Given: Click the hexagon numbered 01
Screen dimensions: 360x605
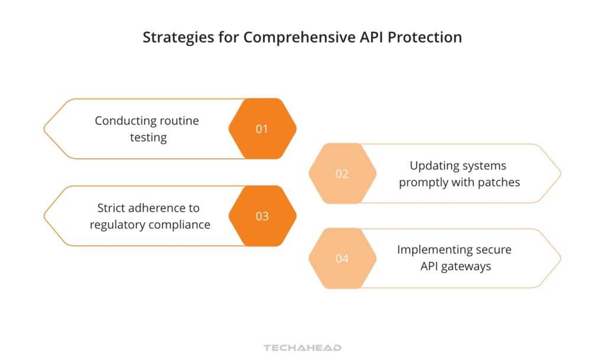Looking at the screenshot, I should click(262, 129).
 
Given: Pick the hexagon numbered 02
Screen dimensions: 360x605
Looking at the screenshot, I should click(342, 174).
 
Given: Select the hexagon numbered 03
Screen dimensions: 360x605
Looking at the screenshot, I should click(262, 216).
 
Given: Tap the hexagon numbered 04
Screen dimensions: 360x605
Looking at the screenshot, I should click(342, 258).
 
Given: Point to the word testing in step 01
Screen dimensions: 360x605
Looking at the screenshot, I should click(148, 138).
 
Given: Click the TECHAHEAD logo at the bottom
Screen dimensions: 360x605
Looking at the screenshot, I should click(302, 348).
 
